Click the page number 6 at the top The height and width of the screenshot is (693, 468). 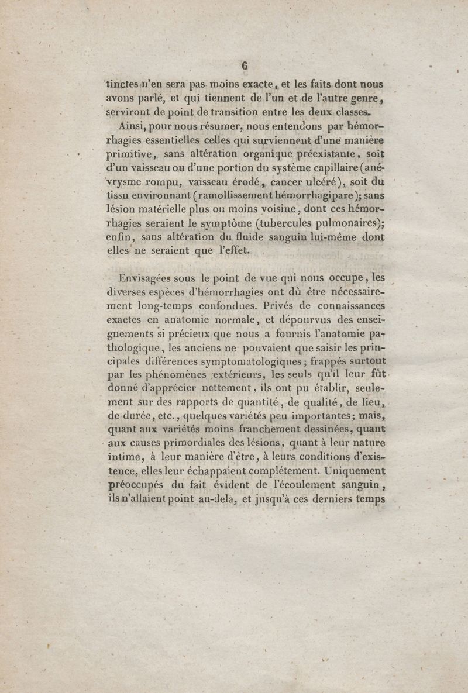click(x=245, y=65)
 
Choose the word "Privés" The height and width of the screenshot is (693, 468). click(x=280, y=306)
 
